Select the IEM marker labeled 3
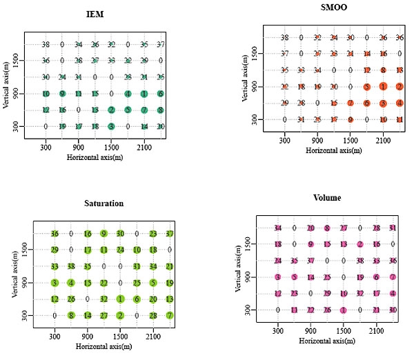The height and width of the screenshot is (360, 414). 112,126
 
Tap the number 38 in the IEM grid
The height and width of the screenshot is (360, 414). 46,44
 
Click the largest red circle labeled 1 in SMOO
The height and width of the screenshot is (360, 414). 383,86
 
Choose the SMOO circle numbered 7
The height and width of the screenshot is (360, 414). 351,103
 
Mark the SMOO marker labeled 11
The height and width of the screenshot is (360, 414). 400,119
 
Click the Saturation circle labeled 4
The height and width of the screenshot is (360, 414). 71,283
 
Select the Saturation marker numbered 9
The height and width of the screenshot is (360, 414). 103,233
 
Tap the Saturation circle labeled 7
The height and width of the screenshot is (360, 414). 170,316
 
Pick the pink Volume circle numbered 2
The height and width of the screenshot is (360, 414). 360,244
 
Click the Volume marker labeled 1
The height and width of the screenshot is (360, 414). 344,310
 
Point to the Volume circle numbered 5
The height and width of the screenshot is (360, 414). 295,277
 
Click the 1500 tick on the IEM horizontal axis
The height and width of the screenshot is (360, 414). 112,147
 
